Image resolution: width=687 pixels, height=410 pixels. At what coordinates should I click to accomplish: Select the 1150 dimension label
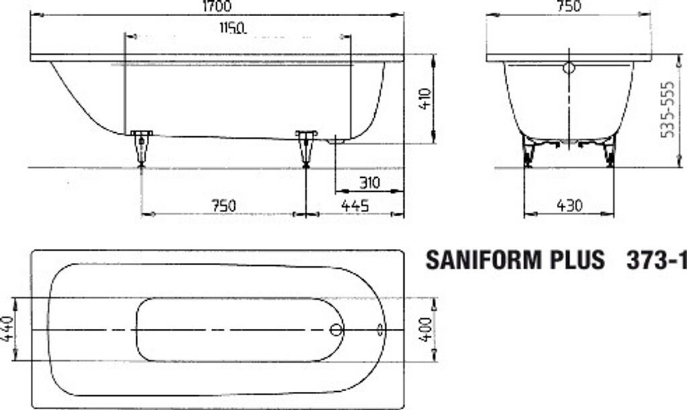pos(232,28)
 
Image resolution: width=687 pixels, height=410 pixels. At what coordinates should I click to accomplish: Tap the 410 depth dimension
pos(425,99)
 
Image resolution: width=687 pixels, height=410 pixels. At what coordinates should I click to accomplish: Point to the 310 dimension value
pos(370,183)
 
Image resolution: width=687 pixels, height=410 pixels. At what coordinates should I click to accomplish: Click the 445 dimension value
pos(355,205)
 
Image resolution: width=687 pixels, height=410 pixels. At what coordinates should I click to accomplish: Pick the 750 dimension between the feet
pos(223,205)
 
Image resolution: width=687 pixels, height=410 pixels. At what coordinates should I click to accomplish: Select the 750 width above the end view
pos(569,6)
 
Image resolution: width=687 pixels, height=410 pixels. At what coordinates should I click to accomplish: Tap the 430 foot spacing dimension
pos(570,205)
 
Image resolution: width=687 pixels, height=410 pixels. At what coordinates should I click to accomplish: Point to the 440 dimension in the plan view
pos(9,329)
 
